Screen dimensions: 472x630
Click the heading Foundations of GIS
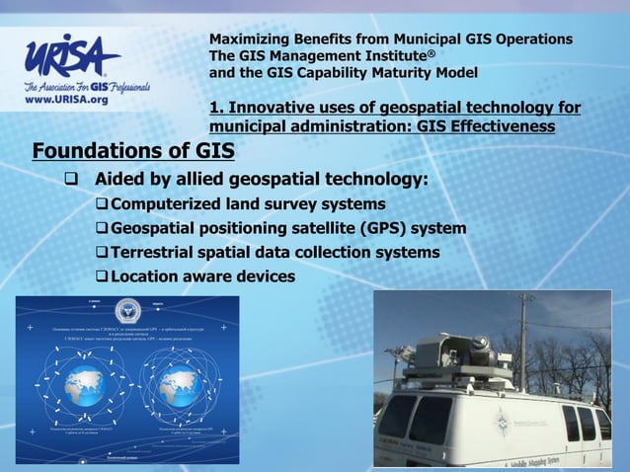pyautogui.click(x=133, y=151)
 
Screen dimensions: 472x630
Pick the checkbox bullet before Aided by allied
pyautogui.click(x=71, y=181)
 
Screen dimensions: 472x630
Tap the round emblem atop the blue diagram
pyautogui.click(x=127, y=308)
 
